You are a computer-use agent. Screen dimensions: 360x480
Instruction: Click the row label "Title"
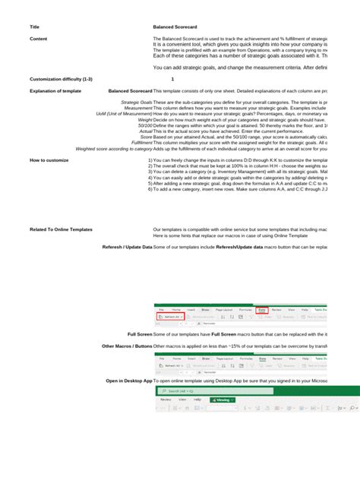coord(34,27)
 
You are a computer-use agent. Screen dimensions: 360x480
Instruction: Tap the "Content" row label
coord(39,38)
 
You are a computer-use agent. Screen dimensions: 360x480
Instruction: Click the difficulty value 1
coord(172,79)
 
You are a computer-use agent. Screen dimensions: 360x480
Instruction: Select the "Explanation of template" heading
coord(55,90)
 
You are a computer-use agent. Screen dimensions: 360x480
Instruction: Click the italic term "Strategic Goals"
coord(137,102)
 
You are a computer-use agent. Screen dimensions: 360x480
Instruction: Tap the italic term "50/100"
coord(145,125)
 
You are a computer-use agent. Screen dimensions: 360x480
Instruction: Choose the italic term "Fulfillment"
coord(142,142)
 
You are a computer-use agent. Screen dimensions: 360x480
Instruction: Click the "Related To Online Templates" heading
coord(61,229)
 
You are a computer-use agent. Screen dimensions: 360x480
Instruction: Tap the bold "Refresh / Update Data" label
coord(128,247)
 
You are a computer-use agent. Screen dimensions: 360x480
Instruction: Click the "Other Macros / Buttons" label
coord(127,346)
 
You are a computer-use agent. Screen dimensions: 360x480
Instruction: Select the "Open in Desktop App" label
coord(129,380)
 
